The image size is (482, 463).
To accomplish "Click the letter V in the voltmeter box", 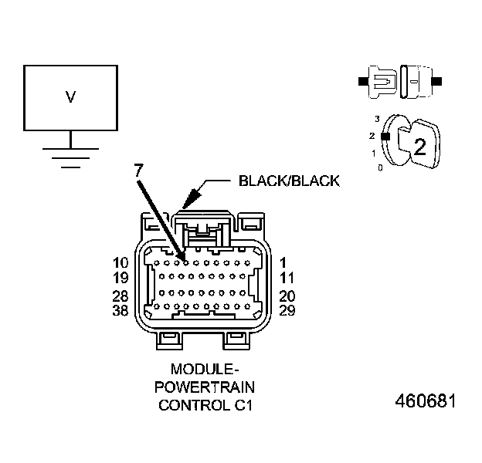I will (x=70, y=97).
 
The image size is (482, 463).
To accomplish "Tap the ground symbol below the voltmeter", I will (x=70, y=155).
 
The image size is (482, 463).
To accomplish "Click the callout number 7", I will (x=137, y=171).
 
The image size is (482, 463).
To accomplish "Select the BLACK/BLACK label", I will (x=289, y=181).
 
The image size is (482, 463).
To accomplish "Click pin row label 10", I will (x=120, y=263).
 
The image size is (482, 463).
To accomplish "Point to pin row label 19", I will (x=120, y=278).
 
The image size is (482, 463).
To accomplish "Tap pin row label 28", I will (x=120, y=296).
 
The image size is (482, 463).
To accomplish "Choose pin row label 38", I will (x=120, y=310).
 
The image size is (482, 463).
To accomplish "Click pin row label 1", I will (x=284, y=263).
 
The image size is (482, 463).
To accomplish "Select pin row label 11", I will (x=287, y=278).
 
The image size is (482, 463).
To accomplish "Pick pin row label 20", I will (x=287, y=296).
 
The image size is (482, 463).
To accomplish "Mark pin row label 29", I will (x=287, y=310).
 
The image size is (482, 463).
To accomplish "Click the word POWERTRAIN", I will (x=205, y=387).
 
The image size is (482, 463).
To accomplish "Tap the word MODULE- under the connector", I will (x=205, y=370).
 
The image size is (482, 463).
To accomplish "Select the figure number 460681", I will (x=426, y=402).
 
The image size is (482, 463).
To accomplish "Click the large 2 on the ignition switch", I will (x=419, y=147).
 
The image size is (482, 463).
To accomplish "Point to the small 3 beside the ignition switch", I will (x=378, y=119).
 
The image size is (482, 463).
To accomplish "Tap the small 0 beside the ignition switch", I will (x=379, y=167).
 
